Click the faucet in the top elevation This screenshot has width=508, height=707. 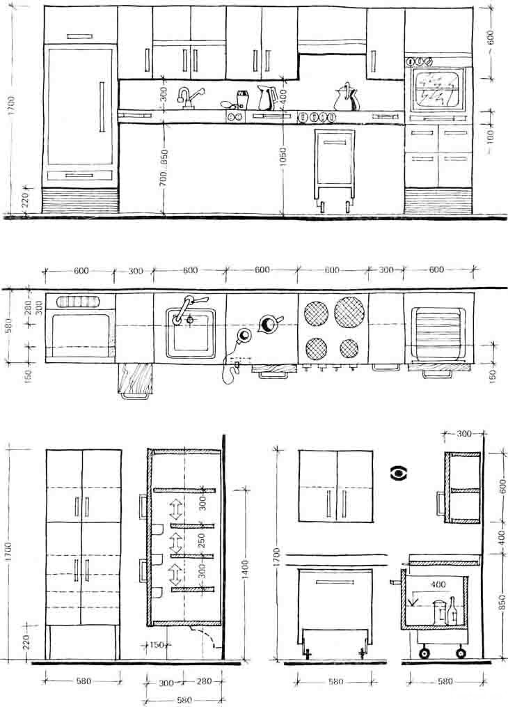pos(189,98)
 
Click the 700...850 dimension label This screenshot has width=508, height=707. pos(164,168)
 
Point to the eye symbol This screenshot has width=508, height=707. pos(399,473)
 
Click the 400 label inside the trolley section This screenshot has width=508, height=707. pos(438,585)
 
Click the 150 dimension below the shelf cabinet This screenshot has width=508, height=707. pos(157,645)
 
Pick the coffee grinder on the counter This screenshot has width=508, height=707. pos(242,100)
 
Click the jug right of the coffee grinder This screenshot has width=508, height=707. pos(267,98)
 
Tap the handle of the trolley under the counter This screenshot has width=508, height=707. pos(334,143)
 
